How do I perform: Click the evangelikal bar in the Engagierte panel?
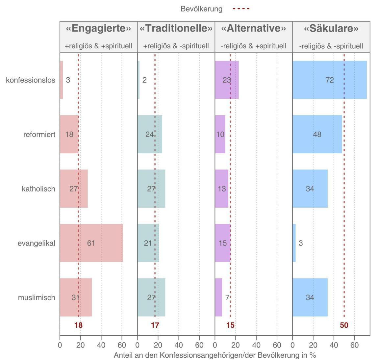[91, 243]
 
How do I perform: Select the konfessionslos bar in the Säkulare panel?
[329, 80]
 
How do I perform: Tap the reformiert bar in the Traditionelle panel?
[150, 134]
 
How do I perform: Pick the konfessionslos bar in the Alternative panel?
[227, 80]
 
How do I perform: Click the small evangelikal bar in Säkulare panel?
[294, 243]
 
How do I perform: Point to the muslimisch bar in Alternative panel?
[218, 297]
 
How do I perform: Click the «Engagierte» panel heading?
[98, 29]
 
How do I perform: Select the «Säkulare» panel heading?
[331, 29]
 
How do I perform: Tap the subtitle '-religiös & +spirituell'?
[253, 46]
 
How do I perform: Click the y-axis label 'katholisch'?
[38, 189]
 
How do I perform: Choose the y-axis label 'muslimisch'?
[37, 297]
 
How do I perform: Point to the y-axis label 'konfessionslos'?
[31, 80]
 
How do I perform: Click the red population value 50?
[344, 325]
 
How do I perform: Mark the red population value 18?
[78, 325]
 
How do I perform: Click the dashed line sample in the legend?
[241, 9]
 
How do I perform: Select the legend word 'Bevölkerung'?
[201, 9]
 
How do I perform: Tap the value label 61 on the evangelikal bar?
[91, 243]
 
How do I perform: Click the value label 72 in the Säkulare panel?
[330, 80]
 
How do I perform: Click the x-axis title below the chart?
[215, 355]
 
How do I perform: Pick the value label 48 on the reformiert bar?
[317, 134]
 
